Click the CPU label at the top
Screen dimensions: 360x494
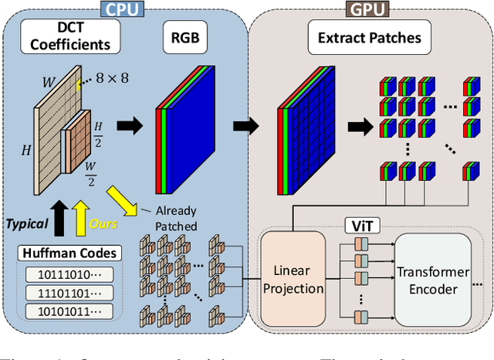[x=123, y=9]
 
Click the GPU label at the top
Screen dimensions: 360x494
[x=367, y=9]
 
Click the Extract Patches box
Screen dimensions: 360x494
[x=369, y=37]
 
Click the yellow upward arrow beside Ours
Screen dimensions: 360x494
[x=80, y=218]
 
